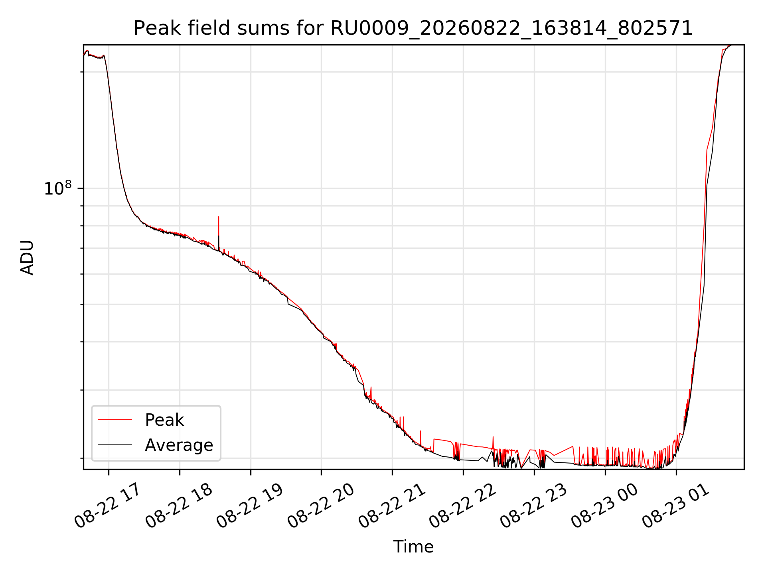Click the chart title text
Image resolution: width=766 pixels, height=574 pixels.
click(x=413, y=28)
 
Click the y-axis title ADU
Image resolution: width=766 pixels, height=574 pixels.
click(x=28, y=257)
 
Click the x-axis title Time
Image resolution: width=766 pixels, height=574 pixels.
click(x=413, y=546)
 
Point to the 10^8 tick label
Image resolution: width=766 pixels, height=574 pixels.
click(x=58, y=188)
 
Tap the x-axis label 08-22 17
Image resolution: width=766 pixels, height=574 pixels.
click(x=108, y=506)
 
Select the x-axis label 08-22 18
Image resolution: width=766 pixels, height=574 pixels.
click(x=179, y=506)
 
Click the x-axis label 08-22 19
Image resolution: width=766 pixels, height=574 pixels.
click(x=250, y=506)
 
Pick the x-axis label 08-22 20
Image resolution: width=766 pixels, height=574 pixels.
click(x=321, y=506)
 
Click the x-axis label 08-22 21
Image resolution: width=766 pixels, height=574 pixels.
click(x=392, y=506)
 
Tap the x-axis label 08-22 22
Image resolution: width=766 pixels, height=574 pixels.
click(x=463, y=506)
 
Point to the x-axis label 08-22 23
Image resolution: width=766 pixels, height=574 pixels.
click(x=534, y=506)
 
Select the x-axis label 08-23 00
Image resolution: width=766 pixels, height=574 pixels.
click(x=605, y=506)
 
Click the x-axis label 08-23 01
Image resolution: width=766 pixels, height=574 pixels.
click(x=676, y=506)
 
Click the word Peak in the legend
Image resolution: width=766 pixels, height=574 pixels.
click(x=164, y=420)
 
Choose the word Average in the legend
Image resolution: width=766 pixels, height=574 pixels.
click(x=179, y=445)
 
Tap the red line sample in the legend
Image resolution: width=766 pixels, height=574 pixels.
click(x=115, y=420)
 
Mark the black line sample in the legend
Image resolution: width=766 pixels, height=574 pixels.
click(x=115, y=444)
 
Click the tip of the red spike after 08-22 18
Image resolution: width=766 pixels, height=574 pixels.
click(x=219, y=217)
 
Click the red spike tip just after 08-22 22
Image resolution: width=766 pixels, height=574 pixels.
click(x=493, y=436)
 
